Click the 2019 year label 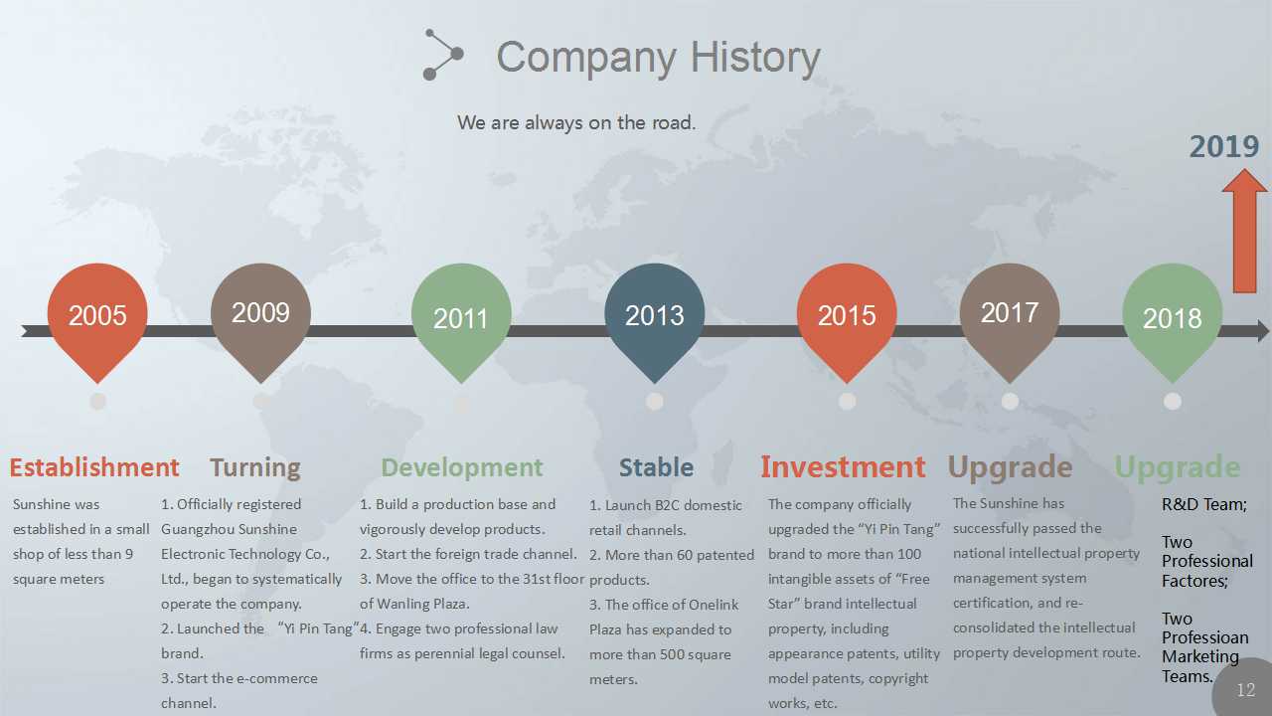[1224, 146]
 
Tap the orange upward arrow [1244, 231]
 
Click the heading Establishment [94, 467]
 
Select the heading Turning [255, 468]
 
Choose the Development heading [462, 468]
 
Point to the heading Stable [656, 467]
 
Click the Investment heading [843, 467]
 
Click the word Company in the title [586, 59]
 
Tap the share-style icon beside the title [443, 55]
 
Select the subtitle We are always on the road [576, 122]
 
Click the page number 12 [1246, 690]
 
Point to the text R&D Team [1203, 504]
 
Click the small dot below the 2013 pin [654, 401]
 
